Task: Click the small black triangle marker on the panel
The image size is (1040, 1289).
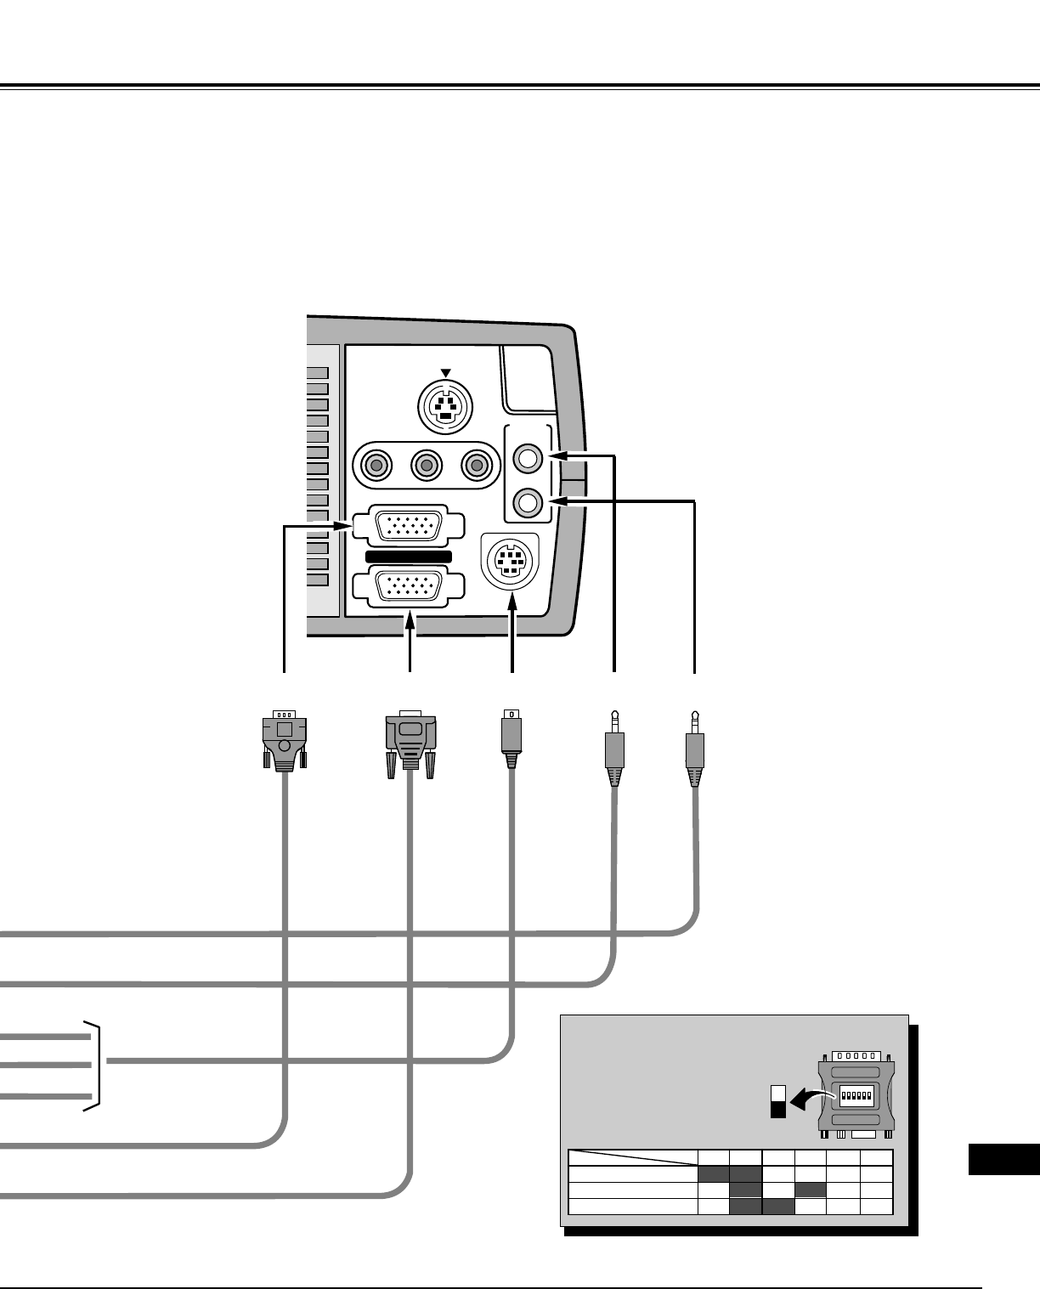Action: [x=445, y=373]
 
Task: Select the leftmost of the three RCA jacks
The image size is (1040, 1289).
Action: [x=376, y=465]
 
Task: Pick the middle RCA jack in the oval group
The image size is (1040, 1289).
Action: [x=426, y=465]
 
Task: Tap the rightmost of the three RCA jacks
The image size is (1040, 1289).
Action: [x=476, y=465]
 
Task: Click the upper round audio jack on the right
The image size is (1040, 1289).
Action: [x=528, y=458]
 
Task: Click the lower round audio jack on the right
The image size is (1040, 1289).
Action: [x=528, y=502]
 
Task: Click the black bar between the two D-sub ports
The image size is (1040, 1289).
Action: [x=408, y=557]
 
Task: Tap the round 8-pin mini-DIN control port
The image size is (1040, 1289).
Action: [x=510, y=562]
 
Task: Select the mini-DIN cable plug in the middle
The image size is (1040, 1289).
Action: [x=512, y=736]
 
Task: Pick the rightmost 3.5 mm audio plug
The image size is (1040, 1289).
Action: [x=695, y=748]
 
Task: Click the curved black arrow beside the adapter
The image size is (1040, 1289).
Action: [x=807, y=1100]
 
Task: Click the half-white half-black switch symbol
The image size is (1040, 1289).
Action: [x=777, y=1101]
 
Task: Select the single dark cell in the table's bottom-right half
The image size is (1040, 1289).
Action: [x=811, y=1190]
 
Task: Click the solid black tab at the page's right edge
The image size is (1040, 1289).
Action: [x=1003, y=1160]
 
